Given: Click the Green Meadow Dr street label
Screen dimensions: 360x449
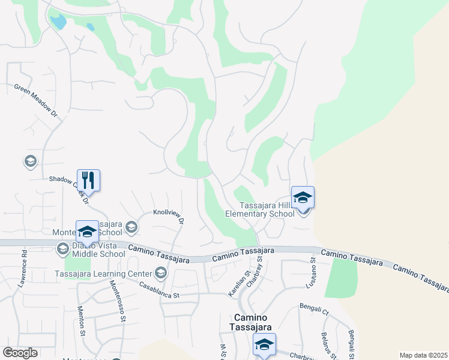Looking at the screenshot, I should [x=35, y=100].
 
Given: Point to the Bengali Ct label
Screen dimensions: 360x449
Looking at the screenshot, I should [x=314, y=310].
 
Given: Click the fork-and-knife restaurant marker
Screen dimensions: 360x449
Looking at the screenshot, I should [x=88, y=179].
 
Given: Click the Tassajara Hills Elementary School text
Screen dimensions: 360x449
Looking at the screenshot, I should [x=259, y=209].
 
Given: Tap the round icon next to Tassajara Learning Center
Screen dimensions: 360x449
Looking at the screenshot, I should [x=160, y=274].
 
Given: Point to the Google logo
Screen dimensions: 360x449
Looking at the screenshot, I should [x=20, y=353].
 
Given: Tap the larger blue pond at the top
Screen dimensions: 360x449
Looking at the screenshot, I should [x=58, y=23].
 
